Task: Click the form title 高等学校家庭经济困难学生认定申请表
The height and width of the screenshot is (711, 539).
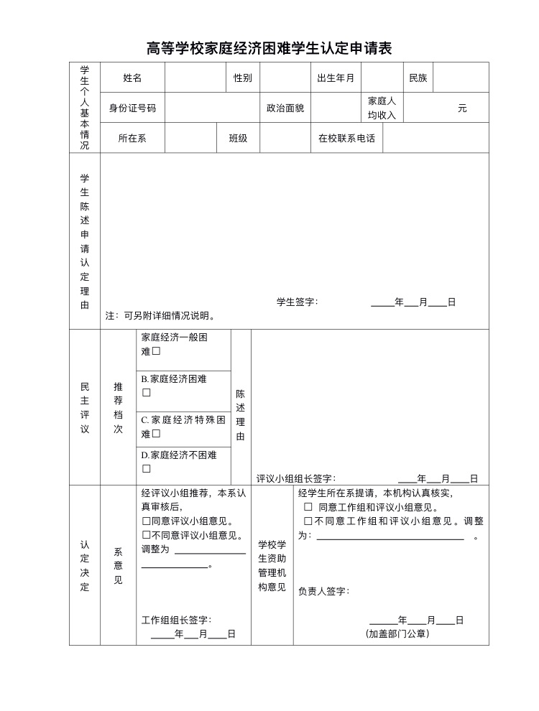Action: (269, 49)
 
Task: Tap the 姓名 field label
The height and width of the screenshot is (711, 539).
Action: (132, 78)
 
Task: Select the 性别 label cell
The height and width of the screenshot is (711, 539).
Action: (243, 78)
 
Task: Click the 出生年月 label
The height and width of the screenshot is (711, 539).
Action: (336, 78)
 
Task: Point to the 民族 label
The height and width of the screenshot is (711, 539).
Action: (418, 78)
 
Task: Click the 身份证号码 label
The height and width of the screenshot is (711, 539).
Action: (132, 108)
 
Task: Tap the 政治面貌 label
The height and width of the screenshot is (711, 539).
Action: (285, 108)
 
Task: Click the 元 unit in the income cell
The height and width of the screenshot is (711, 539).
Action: (462, 108)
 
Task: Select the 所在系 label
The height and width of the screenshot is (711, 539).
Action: (132, 139)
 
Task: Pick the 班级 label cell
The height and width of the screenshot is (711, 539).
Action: (238, 139)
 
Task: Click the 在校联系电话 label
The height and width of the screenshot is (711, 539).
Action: (346, 139)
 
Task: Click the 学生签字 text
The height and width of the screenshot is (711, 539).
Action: (297, 302)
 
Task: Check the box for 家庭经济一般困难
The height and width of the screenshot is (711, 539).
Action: (156, 352)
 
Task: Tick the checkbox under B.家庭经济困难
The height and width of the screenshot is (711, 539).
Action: (146, 393)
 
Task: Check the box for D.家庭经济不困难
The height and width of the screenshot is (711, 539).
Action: (146, 469)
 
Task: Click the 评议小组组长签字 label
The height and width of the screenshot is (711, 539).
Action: (295, 478)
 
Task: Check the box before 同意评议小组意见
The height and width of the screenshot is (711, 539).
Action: (146, 521)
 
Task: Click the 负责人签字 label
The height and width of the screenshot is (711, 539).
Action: (323, 591)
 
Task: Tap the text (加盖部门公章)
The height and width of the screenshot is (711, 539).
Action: (397, 633)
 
